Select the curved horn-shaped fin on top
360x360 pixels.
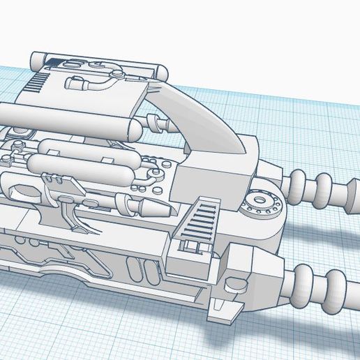click(209, 119)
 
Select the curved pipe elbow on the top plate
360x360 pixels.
click(94, 83)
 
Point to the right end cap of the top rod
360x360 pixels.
click(161, 71)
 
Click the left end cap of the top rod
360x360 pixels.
click(36, 59)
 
